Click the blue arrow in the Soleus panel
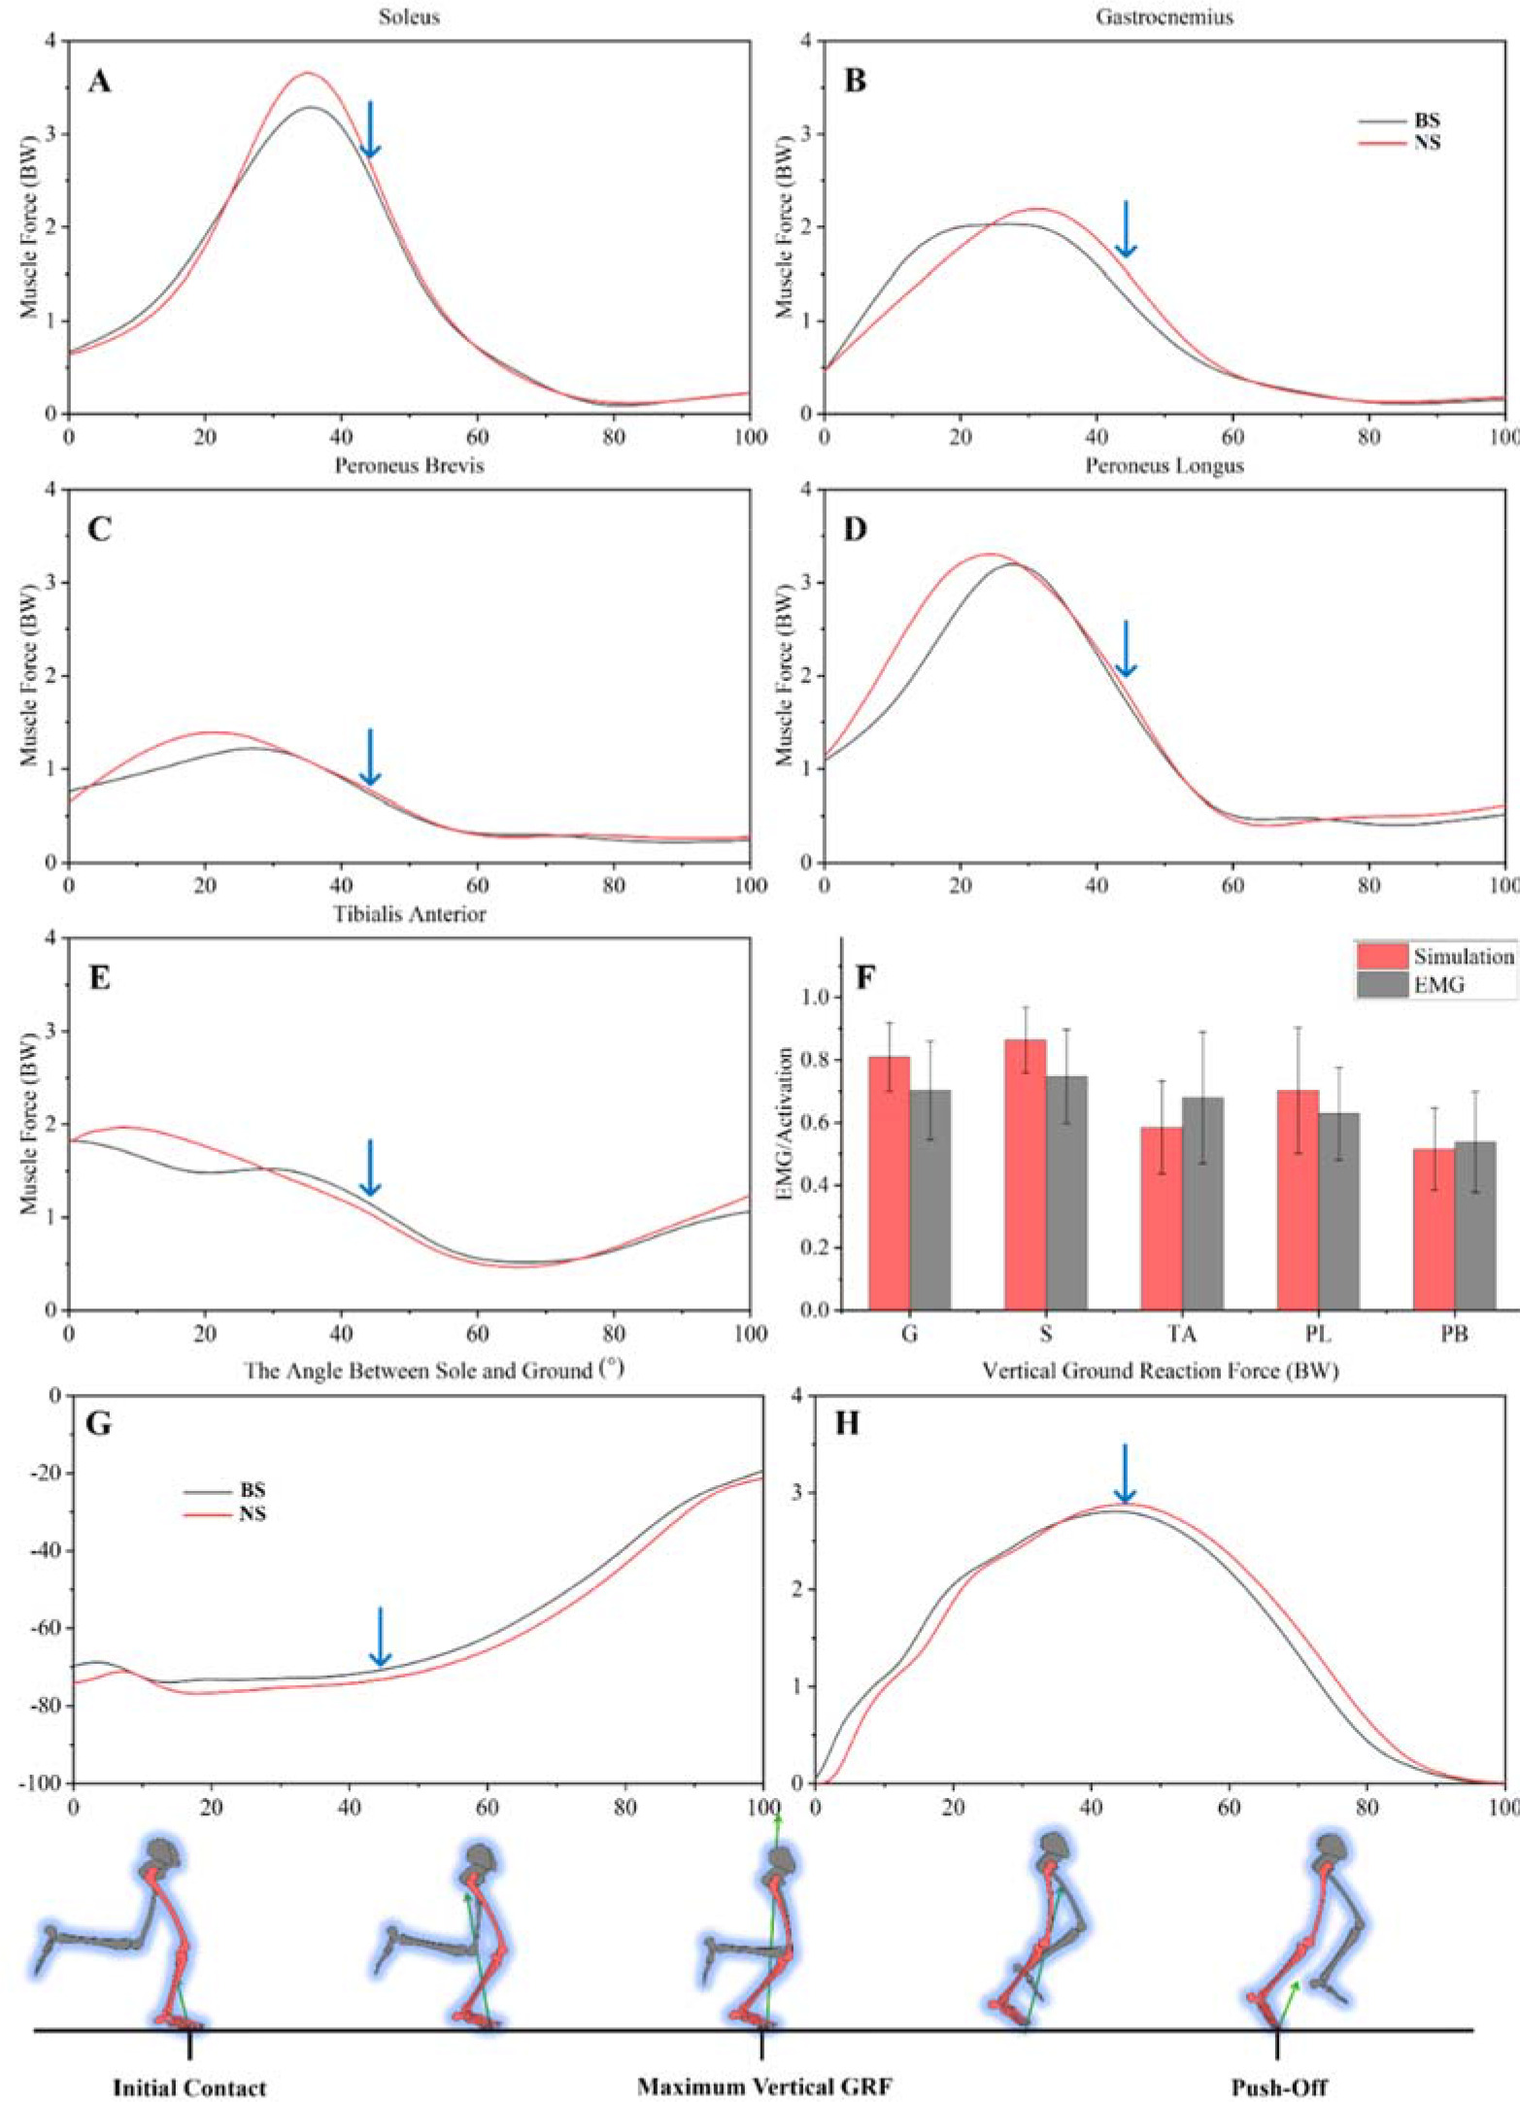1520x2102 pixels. tap(370, 129)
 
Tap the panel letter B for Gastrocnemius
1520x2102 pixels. tap(856, 81)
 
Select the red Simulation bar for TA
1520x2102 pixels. tap(1162, 1218)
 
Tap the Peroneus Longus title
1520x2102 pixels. tap(1165, 465)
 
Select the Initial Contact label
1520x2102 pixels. tap(189, 2087)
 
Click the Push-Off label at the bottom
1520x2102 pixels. tap(1279, 2087)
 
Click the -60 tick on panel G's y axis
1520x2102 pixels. tap(48, 1628)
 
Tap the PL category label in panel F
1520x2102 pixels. tap(1318, 1334)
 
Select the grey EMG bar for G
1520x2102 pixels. tap(930, 1200)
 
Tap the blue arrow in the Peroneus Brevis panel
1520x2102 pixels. tap(370, 757)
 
